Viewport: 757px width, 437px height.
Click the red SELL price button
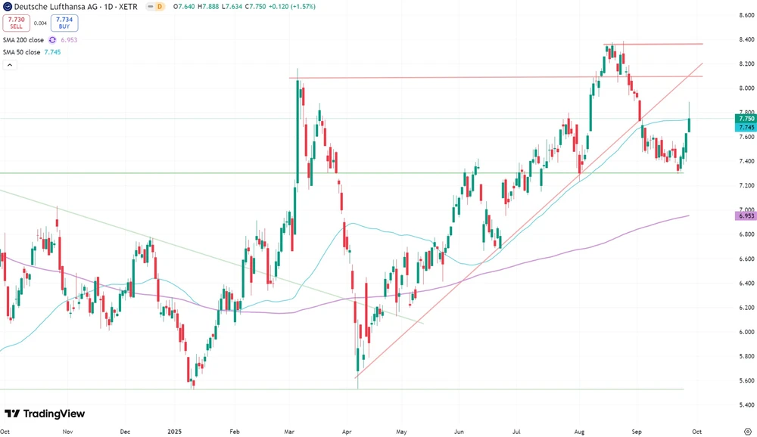tap(15, 23)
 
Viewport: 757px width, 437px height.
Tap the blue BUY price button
tap(64, 23)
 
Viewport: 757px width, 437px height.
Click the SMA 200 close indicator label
tap(23, 40)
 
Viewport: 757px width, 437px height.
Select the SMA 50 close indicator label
tap(22, 51)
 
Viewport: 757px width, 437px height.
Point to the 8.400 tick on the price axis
tap(746, 39)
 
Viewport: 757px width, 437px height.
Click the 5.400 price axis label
tap(746, 405)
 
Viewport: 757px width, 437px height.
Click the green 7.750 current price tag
tap(746, 119)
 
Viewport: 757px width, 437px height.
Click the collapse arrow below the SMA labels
tap(10, 65)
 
